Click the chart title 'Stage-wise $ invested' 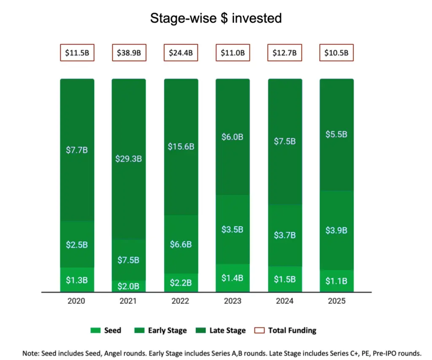pyautogui.click(x=216, y=18)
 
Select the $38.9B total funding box pyautogui.click(x=129, y=53)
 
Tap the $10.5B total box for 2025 pyautogui.click(x=336, y=53)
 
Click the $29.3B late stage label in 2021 pyautogui.click(x=129, y=159)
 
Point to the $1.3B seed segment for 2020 pyautogui.click(x=77, y=280)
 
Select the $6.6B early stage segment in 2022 pyautogui.click(x=181, y=244)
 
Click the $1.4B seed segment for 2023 pyautogui.click(x=232, y=278)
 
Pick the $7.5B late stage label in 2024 pyautogui.click(x=285, y=141)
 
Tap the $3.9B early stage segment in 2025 pyautogui.click(x=336, y=230)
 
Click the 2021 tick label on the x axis pyautogui.click(x=129, y=301)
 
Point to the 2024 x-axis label pyautogui.click(x=285, y=301)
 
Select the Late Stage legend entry pyautogui.click(x=221, y=330)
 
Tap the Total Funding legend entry pyautogui.click(x=286, y=330)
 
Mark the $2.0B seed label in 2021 pyautogui.click(x=129, y=286)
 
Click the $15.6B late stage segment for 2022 pyautogui.click(x=181, y=147)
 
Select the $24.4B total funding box pyautogui.click(x=181, y=53)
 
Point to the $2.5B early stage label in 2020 pyautogui.click(x=77, y=245)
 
